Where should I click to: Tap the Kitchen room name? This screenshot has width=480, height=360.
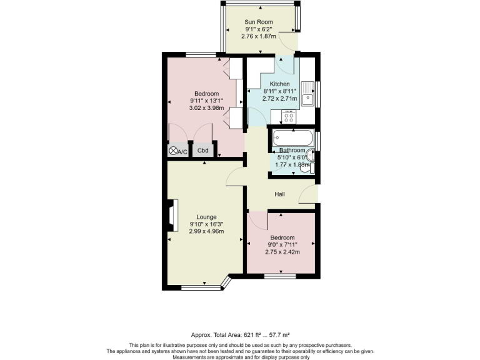[x=279, y=84]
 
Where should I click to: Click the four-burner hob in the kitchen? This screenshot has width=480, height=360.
[x=289, y=116]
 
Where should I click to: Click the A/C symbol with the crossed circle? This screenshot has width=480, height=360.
[x=173, y=151]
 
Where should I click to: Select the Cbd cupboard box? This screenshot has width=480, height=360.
[x=203, y=151]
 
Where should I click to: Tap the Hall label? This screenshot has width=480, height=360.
[x=280, y=194]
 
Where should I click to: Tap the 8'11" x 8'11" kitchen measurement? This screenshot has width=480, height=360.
[x=279, y=91]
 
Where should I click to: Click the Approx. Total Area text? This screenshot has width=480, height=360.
[x=239, y=336]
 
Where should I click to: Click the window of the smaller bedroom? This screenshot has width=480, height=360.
[x=281, y=276]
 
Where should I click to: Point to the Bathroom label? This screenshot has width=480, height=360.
[x=292, y=151]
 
